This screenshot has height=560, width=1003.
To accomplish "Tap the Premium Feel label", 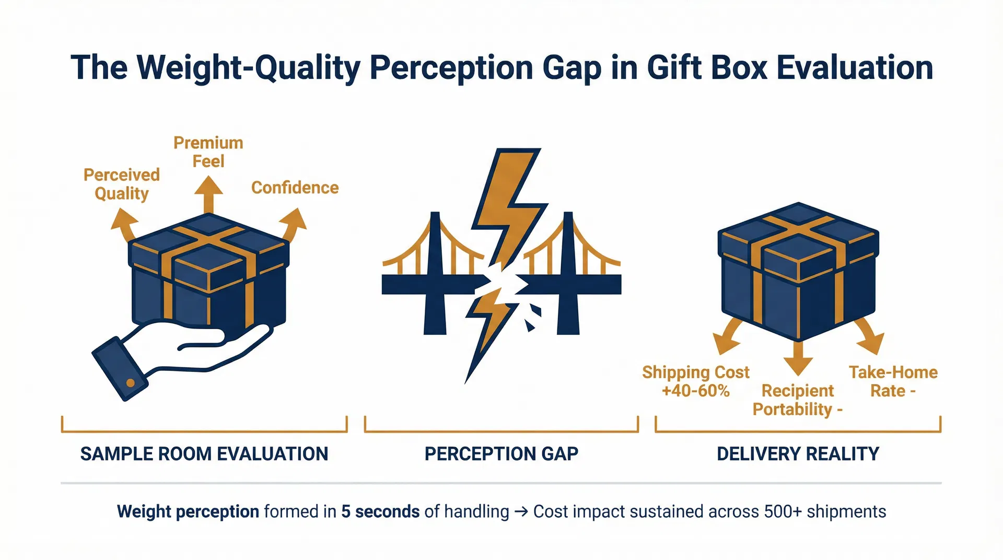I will pos(208,152).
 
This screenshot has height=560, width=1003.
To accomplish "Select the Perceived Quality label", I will pos(122,184).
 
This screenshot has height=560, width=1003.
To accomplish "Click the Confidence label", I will pos(295,188).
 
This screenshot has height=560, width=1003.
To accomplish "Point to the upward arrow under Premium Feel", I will pos(208,194).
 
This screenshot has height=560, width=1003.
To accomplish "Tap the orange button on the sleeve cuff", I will pos(131,383).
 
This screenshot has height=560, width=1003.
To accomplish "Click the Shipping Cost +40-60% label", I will pos(695,381).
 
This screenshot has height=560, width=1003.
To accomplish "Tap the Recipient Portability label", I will pos(797,400).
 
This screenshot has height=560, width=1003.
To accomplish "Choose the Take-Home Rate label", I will pos(893,381).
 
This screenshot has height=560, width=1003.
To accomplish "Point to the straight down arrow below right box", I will pos(798,358).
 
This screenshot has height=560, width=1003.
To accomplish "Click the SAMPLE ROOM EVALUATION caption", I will pos(204,454).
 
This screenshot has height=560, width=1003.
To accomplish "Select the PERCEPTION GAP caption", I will pos(501,454).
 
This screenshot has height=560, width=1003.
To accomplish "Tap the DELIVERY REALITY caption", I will pos(798,454).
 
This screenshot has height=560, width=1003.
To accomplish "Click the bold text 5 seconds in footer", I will pos(380,511).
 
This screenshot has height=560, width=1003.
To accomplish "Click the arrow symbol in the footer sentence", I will pos(521,511).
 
